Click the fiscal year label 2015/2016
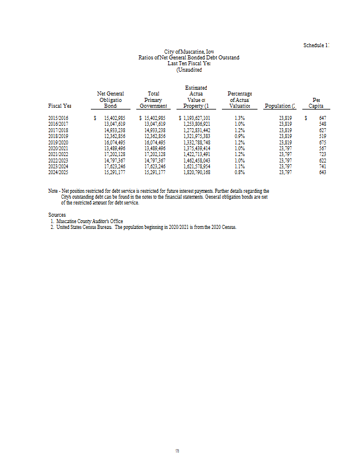click(x=58, y=118)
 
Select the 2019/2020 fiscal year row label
click(x=58, y=142)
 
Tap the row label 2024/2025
click(x=58, y=172)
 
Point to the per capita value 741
click(x=323, y=166)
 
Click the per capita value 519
click(x=323, y=136)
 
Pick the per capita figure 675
click(x=323, y=142)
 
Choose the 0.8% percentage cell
click(x=239, y=172)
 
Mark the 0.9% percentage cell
click(x=239, y=136)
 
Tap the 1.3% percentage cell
click(x=239, y=118)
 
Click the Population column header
click(x=280, y=107)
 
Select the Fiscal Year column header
click(x=59, y=107)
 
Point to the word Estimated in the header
click(x=196, y=87)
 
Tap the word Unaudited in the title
click(x=189, y=70)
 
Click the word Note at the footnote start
click(x=54, y=191)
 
